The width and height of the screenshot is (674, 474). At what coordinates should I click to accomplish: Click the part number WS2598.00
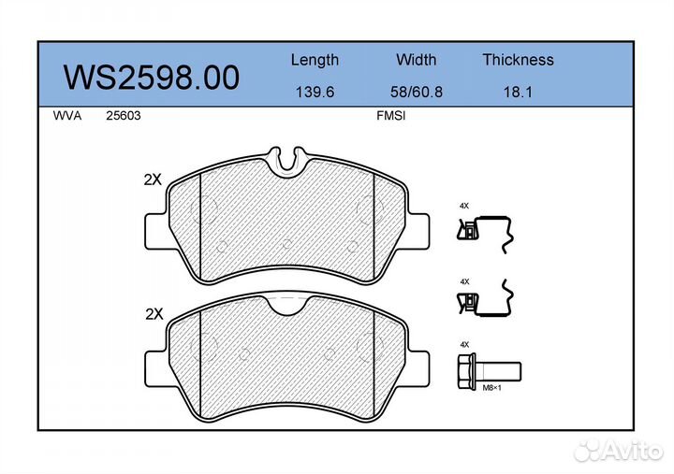(152, 78)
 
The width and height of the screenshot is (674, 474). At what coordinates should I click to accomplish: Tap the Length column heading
(315, 60)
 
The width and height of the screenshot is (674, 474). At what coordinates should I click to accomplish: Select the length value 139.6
(315, 92)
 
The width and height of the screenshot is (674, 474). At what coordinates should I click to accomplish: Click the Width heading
(416, 59)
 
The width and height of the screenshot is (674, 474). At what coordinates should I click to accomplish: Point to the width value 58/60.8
(416, 92)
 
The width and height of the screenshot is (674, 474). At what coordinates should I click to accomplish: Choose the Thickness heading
(518, 59)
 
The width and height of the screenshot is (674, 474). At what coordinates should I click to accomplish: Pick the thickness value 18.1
(518, 92)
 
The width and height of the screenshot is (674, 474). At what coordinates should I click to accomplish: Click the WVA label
(67, 116)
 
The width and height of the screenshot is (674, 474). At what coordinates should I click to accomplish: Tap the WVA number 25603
(124, 116)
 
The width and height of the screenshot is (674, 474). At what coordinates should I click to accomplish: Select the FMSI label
(390, 116)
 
